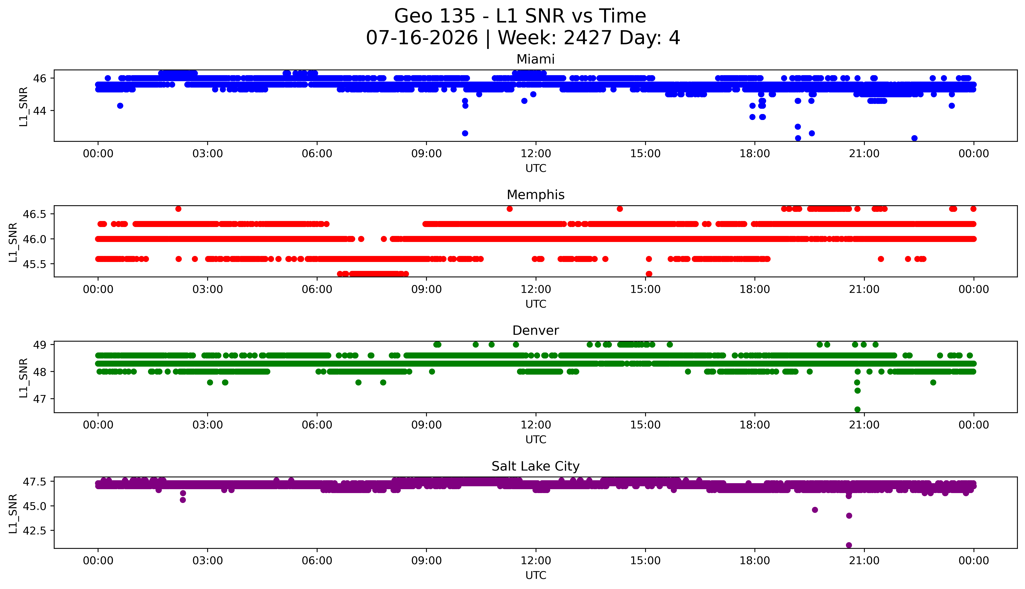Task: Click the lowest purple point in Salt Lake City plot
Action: (x=849, y=545)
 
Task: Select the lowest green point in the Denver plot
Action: (x=857, y=409)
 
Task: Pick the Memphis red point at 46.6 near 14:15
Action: (x=620, y=209)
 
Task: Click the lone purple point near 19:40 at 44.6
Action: (x=815, y=510)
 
